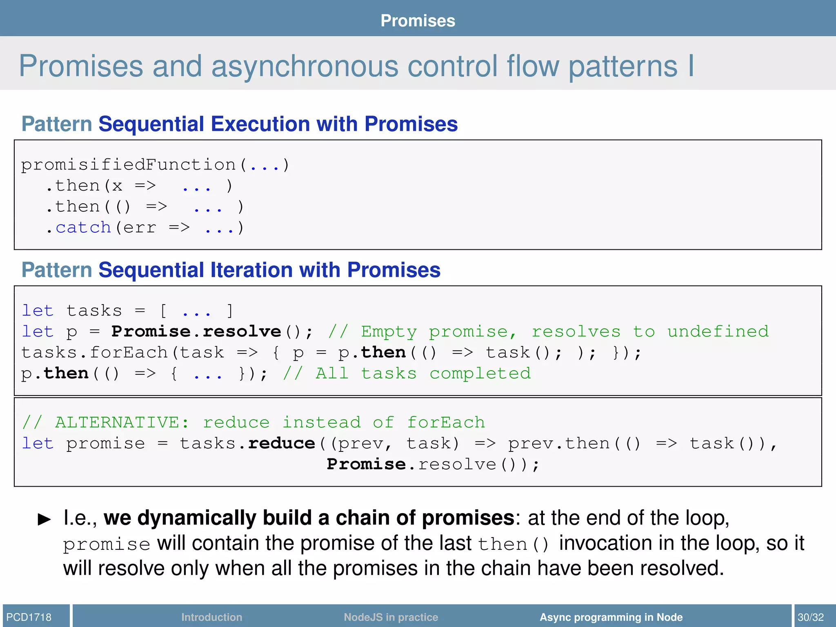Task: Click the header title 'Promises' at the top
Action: click(418, 20)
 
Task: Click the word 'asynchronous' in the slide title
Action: click(304, 67)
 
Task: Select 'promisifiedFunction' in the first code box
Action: click(128, 165)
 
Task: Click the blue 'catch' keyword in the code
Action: click(83, 227)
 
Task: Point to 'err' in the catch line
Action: click(140, 228)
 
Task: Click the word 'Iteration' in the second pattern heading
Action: click(251, 270)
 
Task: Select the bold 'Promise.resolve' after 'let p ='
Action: click(196, 331)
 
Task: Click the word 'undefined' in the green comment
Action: click(718, 331)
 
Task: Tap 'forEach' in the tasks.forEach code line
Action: click(129, 352)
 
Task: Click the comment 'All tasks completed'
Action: click(423, 374)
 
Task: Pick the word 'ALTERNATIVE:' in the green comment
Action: click(122, 422)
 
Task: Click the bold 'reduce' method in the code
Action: click(282, 443)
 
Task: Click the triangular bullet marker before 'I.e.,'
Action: click(44, 519)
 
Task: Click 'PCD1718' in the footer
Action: click(29, 617)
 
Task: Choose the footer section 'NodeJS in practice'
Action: click(391, 617)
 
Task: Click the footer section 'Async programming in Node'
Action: click(611, 617)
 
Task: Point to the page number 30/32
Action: click(811, 617)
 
